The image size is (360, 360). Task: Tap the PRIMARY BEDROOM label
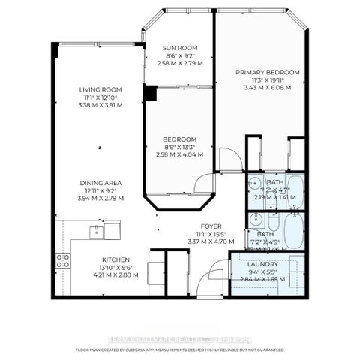pos(268,72)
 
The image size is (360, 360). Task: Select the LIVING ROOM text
pos(101,90)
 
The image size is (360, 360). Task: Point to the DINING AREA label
pos(101,183)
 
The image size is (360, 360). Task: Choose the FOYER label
pos(209,226)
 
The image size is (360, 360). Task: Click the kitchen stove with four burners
pos(63,260)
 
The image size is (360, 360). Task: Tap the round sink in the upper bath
pos(253,184)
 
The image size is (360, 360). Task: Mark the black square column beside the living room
pos(150,93)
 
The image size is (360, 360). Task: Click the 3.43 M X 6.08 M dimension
pos(268,87)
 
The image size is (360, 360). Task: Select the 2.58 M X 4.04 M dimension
pos(180,154)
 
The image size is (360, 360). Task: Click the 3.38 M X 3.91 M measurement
pos(101,105)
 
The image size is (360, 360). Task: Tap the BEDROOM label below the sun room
pos(180,139)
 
